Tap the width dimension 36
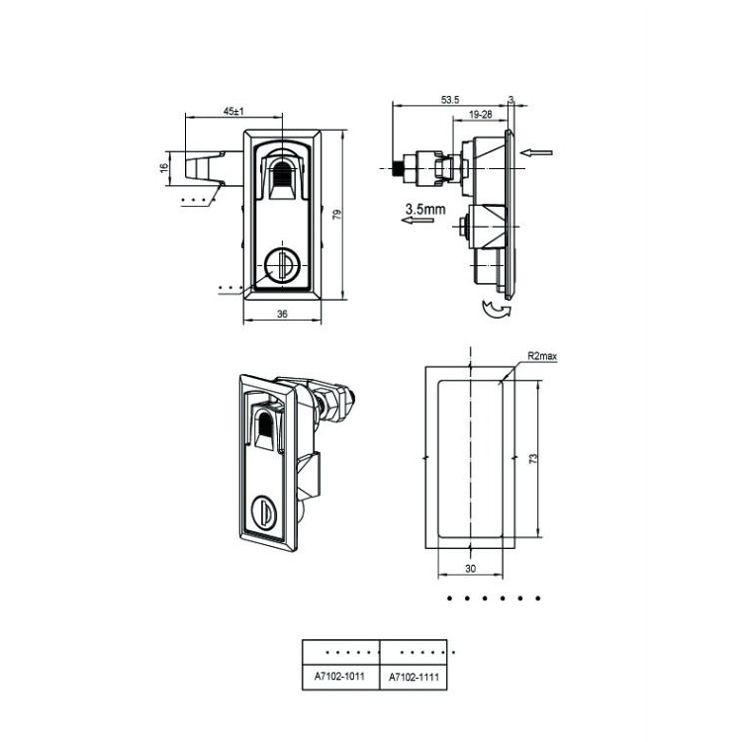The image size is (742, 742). coord(282,314)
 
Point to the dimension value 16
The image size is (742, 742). coord(164,168)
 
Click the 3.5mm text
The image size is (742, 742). coord(426,209)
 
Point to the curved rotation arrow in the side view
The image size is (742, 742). coord(494,312)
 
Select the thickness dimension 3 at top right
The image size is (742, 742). coord(510,98)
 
